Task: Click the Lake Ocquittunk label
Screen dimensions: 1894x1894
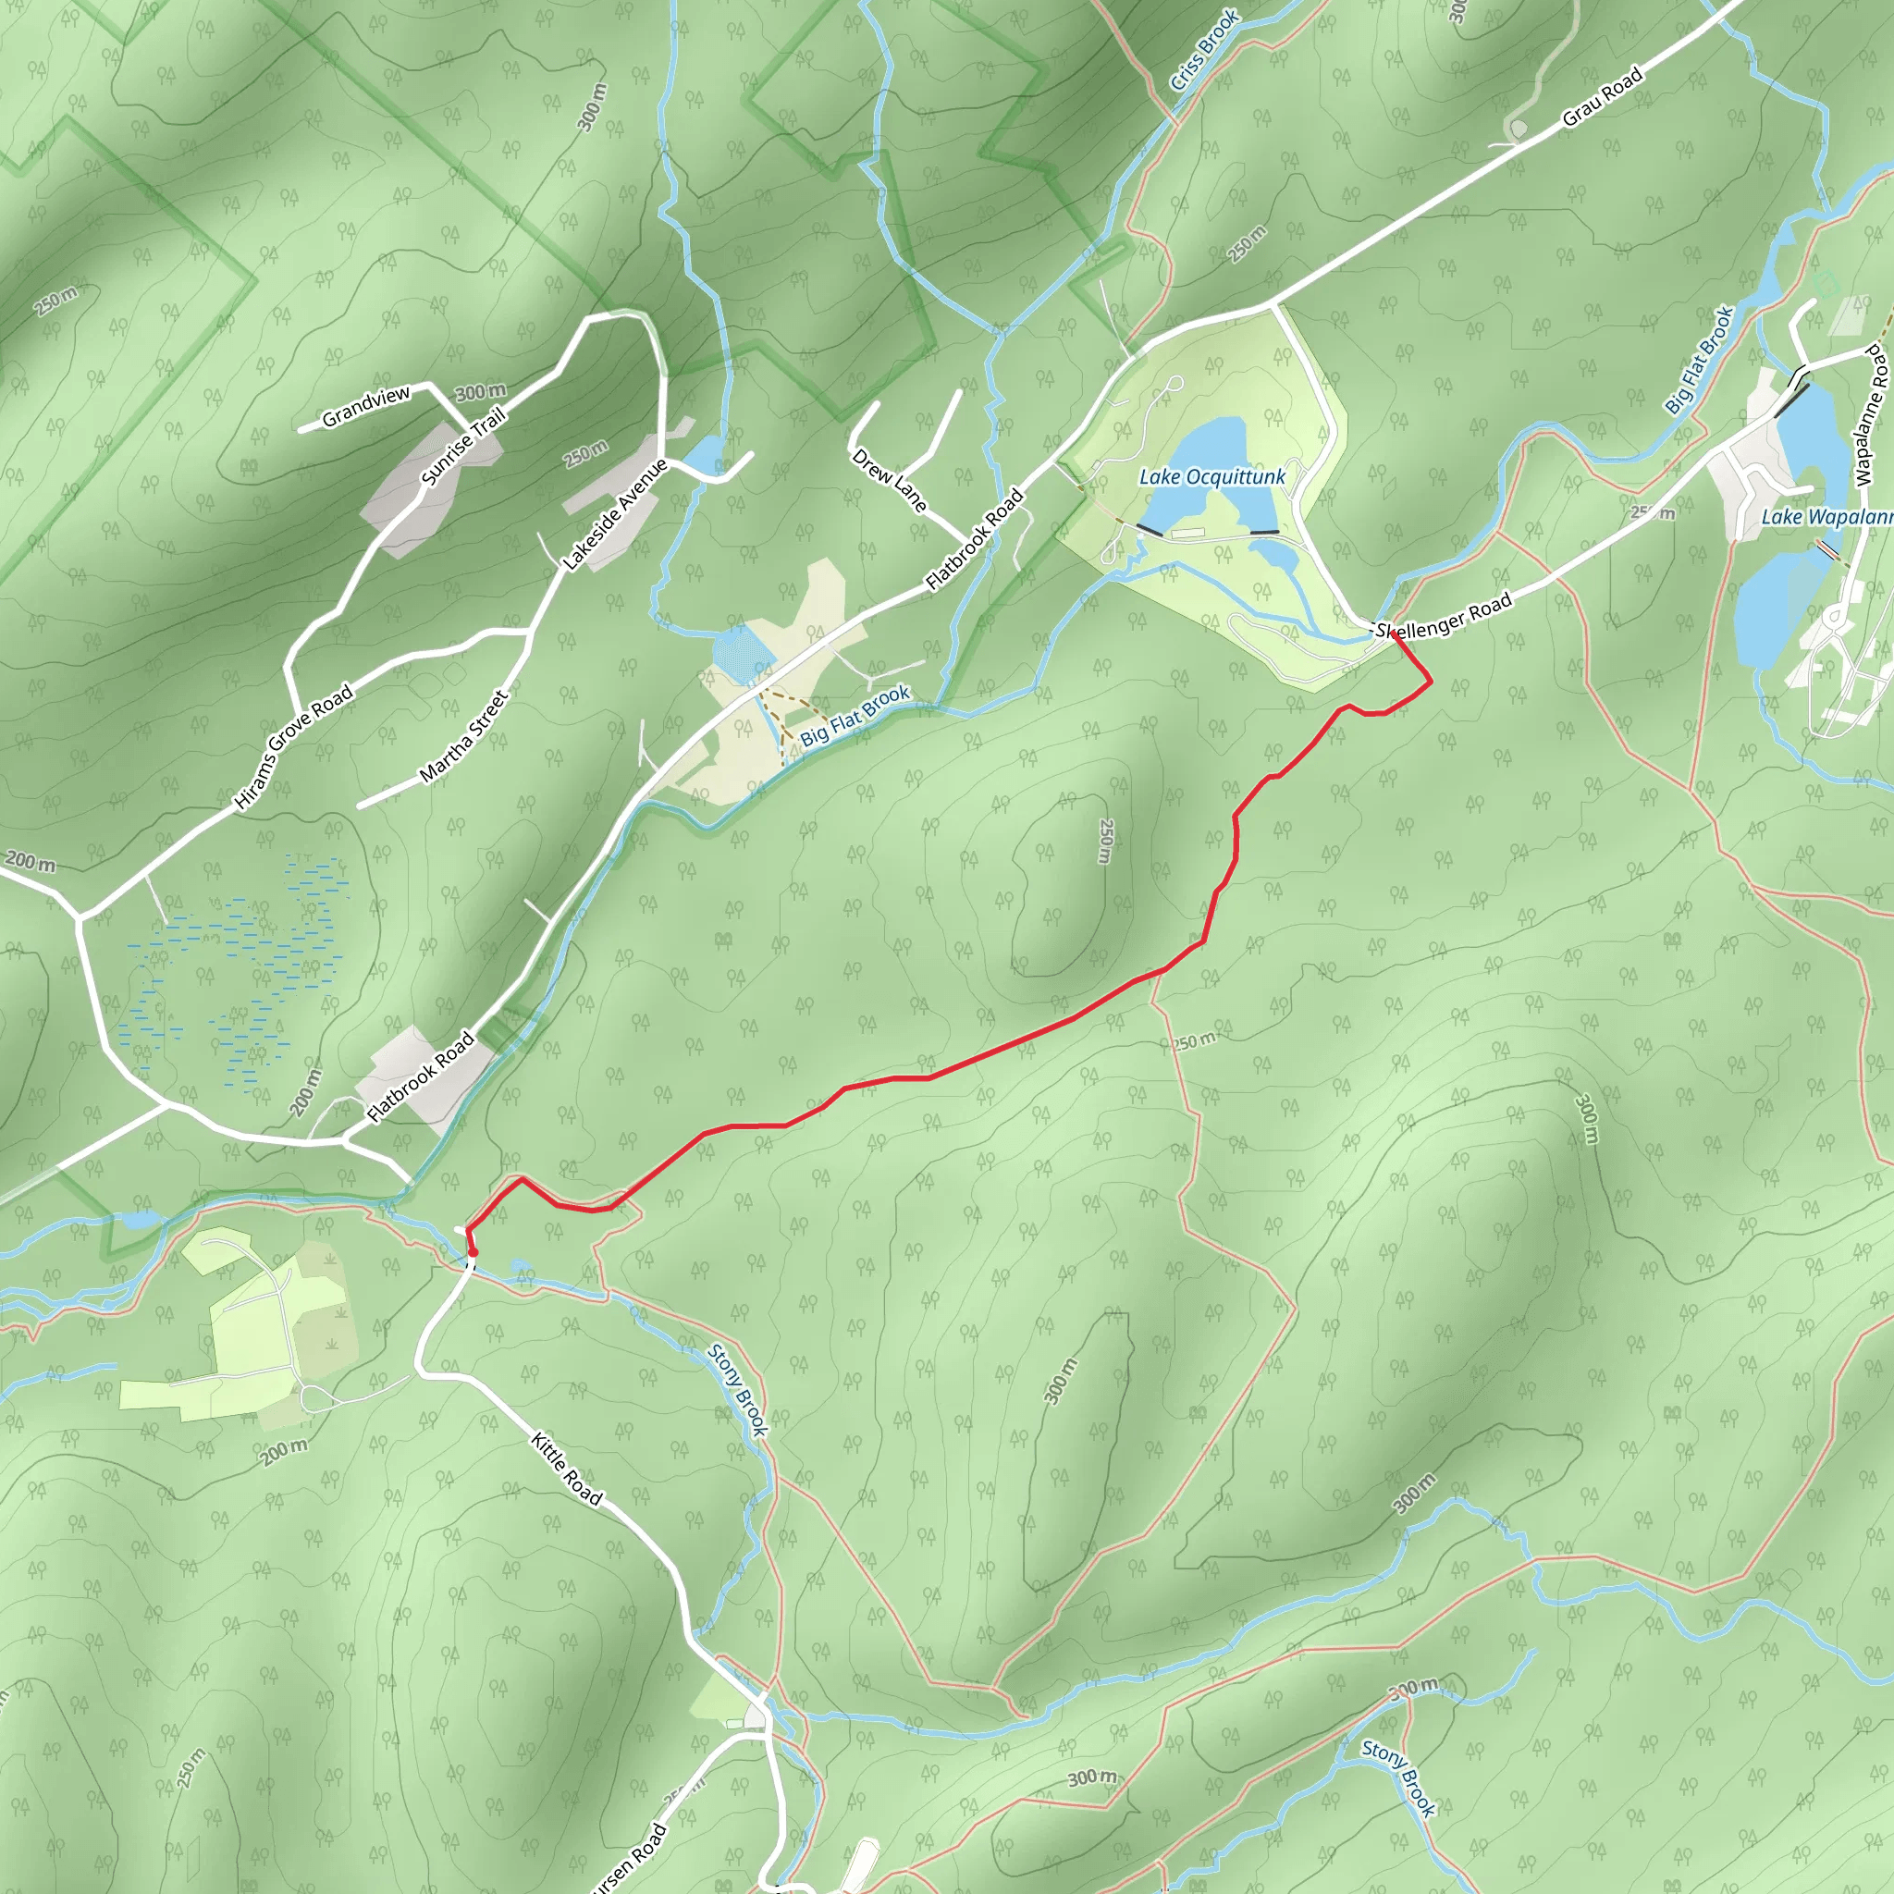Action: click(1211, 477)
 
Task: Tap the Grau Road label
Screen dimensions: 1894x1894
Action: click(1602, 97)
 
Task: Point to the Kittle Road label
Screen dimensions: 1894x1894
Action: click(567, 1468)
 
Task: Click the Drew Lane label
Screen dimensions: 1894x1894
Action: click(888, 480)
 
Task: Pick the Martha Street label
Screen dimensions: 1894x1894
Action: click(464, 735)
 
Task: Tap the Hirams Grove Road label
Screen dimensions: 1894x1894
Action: click(293, 748)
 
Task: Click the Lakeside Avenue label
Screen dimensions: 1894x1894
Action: click(615, 513)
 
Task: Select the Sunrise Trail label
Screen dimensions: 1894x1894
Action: click(462, 445)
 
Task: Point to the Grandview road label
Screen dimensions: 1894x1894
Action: click(365, 406)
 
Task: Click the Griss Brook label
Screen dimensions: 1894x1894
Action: click(1205, 50)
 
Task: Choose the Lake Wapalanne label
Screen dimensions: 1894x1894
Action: click(1826, 517)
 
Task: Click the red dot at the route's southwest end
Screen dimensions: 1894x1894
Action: click(473, 1252)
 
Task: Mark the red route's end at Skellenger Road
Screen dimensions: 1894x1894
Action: click(1393, 634)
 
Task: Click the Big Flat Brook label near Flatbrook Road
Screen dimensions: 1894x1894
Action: click(855, 716)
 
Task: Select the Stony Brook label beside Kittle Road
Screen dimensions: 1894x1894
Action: click(737, 1389)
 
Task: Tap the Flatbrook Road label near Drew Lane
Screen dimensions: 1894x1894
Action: click(975, 539)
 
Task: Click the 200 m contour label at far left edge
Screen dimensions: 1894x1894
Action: click(31, 862)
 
